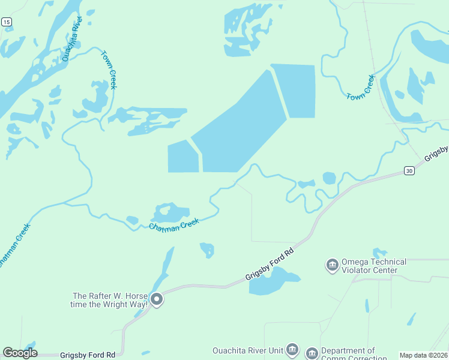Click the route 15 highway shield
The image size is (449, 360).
pos(7,22)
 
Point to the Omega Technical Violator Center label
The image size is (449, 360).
pos(373,266)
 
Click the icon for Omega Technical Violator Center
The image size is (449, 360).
pos(332,265)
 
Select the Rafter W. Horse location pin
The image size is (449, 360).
pos(157,299)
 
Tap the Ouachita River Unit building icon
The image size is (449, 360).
pos(292,349)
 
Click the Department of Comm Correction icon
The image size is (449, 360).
pos(312,353)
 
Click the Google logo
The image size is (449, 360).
pos(20,353)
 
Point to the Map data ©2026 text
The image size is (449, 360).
pos(424,355)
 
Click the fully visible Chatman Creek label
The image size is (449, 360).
pos(173,224)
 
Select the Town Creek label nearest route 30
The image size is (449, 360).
pos(360,88)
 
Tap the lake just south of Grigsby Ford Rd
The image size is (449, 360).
pos(271,281)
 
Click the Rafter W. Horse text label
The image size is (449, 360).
pos(110,300)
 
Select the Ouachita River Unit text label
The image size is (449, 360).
pos(247,350)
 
